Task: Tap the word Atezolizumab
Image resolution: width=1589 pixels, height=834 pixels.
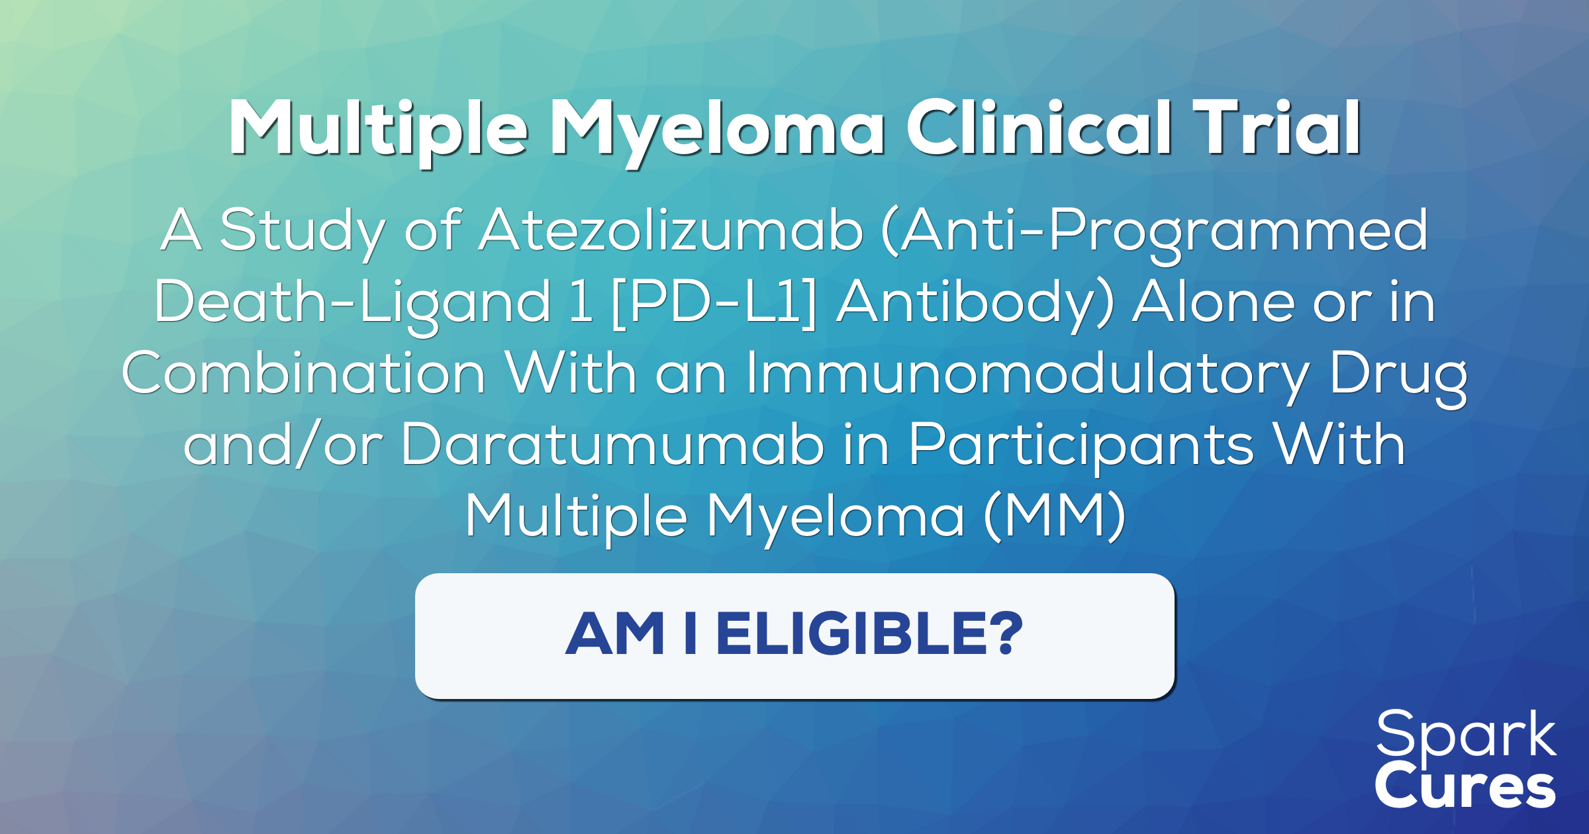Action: (671, 230)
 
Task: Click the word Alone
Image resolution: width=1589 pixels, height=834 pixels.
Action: (1213, 302)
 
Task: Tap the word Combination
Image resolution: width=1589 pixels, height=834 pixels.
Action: (304, 373)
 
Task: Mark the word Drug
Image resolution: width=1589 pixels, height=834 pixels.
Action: (1398, 373)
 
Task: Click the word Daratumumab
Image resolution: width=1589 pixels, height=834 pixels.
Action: (612, 445)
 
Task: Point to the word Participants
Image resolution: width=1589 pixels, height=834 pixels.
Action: (1081, 445)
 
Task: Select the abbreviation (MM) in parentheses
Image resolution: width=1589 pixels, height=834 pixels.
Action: (1054, 516)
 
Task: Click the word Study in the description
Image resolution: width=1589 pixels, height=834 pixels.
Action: (302, 230)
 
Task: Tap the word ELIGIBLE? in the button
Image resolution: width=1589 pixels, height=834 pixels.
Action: (869, 634)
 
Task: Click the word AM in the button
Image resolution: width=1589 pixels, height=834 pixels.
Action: (614, 634)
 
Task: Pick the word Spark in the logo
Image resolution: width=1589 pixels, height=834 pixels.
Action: (1466, 735)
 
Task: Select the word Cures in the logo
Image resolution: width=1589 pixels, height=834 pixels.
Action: (1465, 786)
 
